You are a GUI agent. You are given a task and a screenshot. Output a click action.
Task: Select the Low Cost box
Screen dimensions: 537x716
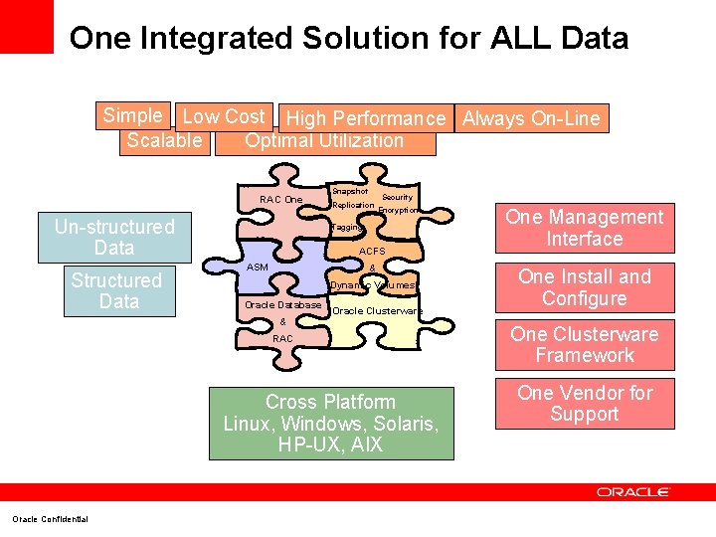coord(224,117)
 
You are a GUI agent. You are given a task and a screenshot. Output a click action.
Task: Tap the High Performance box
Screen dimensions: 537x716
coord(365,119)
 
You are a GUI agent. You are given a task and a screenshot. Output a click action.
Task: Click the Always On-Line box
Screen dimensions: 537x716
coord(531,119)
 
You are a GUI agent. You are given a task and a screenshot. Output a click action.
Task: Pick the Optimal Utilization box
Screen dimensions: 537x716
coord(324,141)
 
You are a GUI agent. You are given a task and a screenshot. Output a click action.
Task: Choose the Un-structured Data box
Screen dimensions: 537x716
coord(114,238)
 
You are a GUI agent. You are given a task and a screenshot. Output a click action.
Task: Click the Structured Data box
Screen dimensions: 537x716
coord(115,291)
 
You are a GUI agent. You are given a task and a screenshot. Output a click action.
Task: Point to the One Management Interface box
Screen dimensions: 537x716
coord(584,228)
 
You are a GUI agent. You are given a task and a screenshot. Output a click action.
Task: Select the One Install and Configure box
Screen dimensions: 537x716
coord(584,287)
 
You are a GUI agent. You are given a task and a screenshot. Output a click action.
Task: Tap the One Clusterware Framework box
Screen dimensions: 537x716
coord(584,345)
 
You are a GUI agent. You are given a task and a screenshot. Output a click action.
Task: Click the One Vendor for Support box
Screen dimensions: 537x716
coord(584,403)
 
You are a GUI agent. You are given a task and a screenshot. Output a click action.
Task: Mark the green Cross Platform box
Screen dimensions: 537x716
coord(331,423)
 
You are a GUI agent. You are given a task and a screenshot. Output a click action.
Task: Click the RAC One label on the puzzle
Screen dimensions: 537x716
coord(280,200)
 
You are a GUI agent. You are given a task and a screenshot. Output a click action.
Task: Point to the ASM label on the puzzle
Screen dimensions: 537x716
coord(258,268)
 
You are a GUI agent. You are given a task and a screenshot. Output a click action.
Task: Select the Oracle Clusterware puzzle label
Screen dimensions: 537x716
coord(377,311)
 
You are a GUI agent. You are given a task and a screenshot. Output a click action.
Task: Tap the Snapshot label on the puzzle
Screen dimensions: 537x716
coord(349,191)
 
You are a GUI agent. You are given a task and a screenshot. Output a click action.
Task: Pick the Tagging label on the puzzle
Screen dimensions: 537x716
coord(347,228)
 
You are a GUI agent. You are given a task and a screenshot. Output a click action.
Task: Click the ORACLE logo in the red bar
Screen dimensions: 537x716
coord(633,492)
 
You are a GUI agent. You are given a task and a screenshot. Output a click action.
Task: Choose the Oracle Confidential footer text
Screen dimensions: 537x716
coord(50,519)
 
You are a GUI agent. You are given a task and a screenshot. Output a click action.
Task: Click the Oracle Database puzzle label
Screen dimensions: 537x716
coord(283,304)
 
